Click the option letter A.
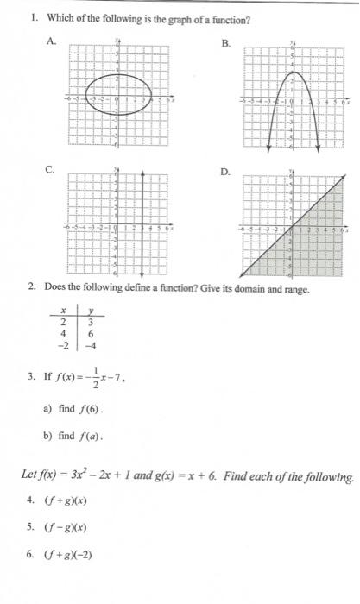51,41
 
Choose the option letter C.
51,171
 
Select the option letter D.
225,172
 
